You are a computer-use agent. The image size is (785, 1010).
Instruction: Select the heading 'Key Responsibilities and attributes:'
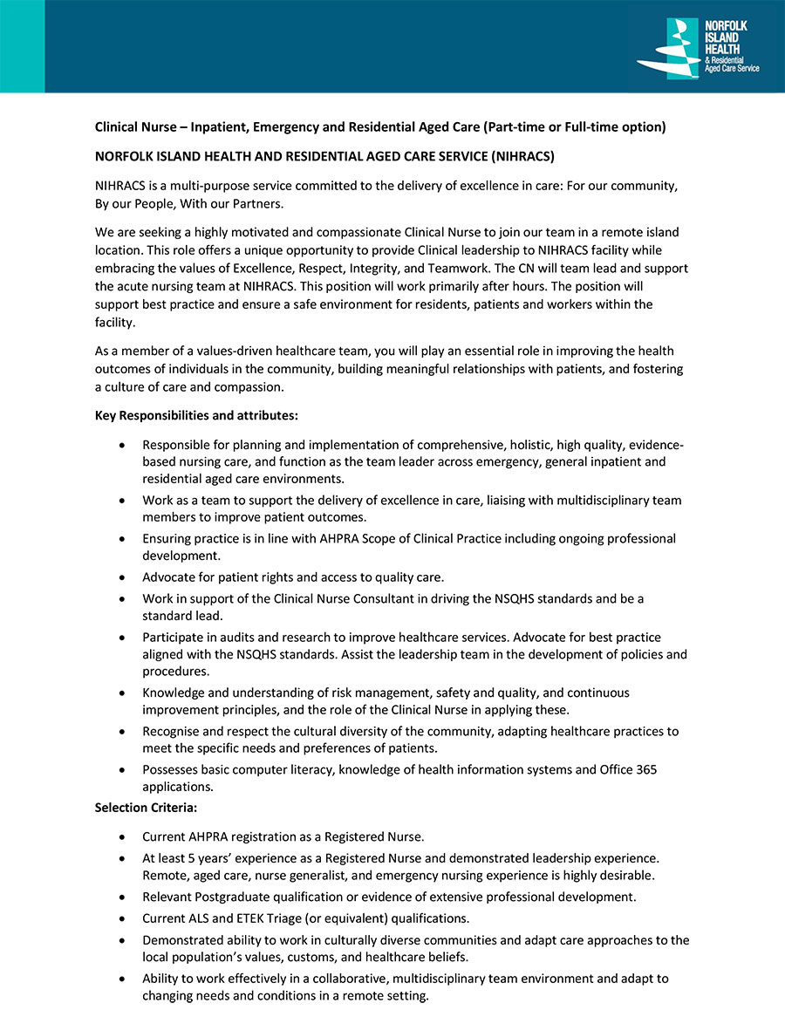tap(196, 415)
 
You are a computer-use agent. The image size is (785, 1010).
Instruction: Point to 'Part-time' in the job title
tap(512, 126)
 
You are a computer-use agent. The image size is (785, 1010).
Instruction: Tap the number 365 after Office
tap(645, 769)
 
